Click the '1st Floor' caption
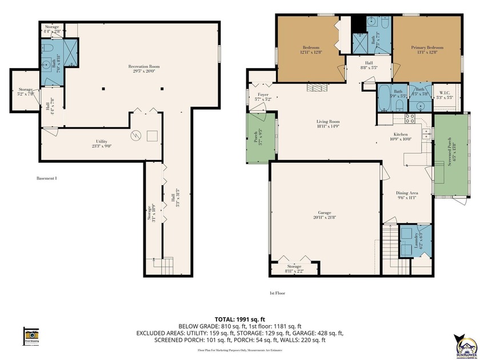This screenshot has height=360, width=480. click(x=277, y=293)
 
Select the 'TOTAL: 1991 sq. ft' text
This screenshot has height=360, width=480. click(x=239, y=319)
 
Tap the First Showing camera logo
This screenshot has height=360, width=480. click(x=31, y=335)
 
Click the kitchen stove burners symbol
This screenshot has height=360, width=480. click(x=410, y=118)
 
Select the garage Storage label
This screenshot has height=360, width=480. click(x=294, y=268)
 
